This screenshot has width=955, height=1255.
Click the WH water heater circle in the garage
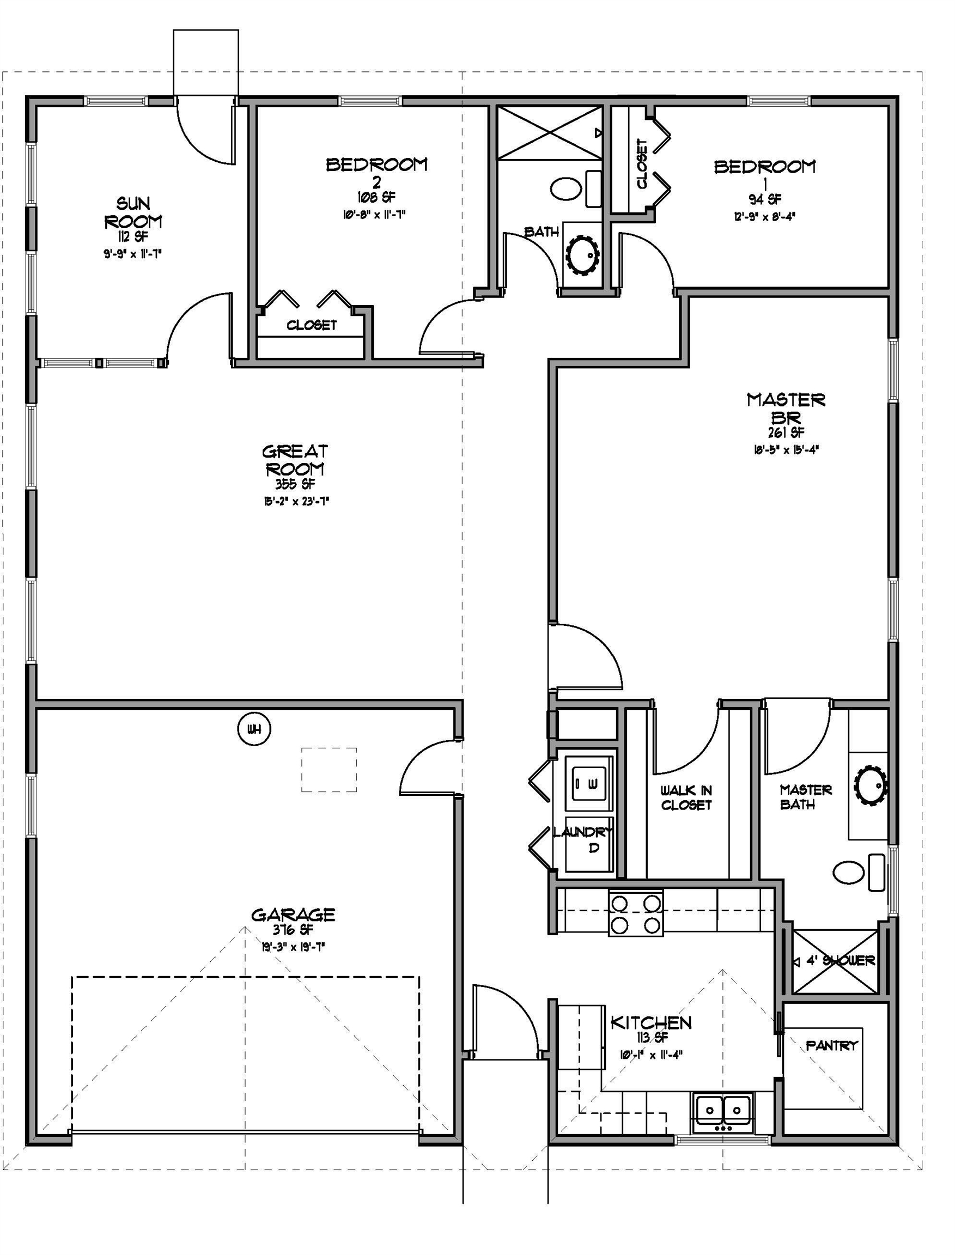pos(253,729)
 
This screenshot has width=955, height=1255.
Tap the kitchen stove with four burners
pos(636,913)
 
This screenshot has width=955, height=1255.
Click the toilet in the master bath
pos(859,872)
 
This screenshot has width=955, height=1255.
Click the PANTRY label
pos(832,1045)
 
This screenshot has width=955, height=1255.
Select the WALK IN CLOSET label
pos(686,797)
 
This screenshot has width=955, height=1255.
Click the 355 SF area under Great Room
pos(295,484)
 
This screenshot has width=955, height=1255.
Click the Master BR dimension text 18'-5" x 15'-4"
pos(786,449)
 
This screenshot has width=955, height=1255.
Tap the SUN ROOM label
pos(133,212)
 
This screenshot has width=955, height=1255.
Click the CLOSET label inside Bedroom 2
pos(312,325)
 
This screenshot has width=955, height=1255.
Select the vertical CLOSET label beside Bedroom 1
pos(642,164)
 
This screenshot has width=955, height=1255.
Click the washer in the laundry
pos(589,783)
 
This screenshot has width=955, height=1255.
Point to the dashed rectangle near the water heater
pos(329,770)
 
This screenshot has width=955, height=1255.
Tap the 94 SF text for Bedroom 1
pos(764,199)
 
